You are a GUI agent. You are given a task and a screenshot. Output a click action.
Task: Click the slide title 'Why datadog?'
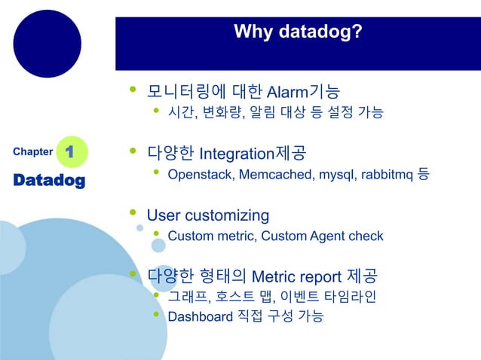pos(297,32)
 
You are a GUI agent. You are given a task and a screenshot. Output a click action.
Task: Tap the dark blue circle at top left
pos(47,44)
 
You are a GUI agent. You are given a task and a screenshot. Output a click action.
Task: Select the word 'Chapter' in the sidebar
pos(32,152)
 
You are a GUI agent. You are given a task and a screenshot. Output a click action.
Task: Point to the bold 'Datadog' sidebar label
pos(49,181)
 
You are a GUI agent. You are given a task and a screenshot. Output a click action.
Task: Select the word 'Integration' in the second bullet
pos(234,154)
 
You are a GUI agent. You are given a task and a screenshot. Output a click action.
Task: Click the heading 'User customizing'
pos(207,215)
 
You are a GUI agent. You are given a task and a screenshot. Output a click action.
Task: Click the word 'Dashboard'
pos(200,316)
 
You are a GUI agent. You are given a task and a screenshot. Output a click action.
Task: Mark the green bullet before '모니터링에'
pos(133,90)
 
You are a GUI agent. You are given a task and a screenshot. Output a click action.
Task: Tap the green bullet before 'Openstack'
pos(156,173)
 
